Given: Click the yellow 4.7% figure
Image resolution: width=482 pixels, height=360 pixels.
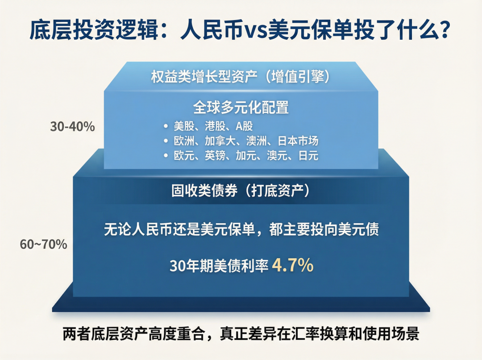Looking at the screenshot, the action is (293, 265).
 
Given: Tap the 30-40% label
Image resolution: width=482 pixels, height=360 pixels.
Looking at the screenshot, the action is (73, 127).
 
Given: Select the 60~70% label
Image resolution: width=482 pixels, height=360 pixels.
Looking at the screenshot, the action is (44, 244).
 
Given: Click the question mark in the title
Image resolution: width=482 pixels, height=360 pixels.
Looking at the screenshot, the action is (443, 29).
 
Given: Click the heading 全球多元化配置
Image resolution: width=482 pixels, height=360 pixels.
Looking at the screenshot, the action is (241, 107).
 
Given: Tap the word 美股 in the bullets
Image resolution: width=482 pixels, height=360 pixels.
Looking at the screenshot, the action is (184, 126).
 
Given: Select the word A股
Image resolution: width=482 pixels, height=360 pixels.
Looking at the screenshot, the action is (245, 126).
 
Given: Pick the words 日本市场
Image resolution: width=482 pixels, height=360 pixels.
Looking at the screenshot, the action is (298, 141).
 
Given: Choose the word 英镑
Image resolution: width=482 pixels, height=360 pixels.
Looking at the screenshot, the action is (215, 156).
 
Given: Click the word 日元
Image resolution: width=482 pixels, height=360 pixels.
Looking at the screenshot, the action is (308, 156).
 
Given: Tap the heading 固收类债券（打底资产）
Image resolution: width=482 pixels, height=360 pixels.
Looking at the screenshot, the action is (241, 190).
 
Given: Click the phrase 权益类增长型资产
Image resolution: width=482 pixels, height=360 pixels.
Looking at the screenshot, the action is (204, 76).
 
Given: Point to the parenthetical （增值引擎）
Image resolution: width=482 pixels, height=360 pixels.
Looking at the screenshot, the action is (295, 76).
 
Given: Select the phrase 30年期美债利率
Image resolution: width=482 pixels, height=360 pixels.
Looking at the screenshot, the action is (219, 266).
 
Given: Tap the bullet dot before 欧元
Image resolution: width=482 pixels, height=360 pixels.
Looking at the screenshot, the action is (166, 156).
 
